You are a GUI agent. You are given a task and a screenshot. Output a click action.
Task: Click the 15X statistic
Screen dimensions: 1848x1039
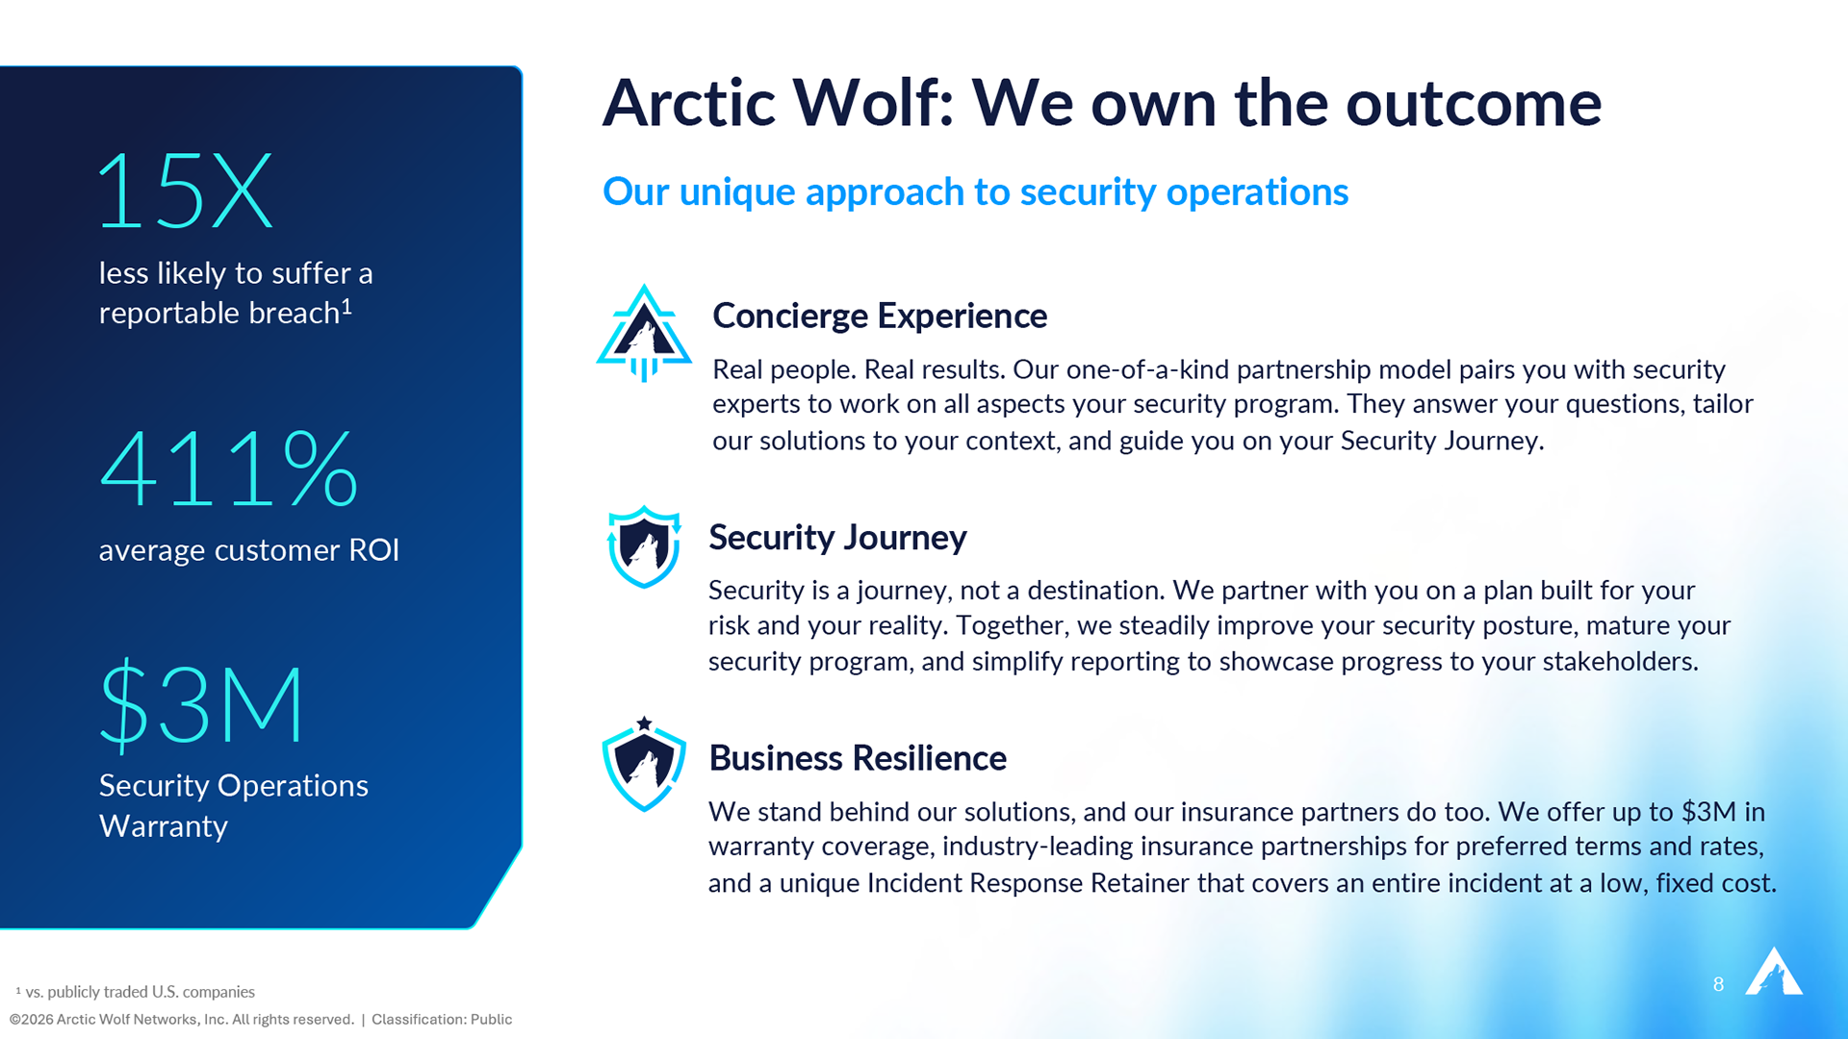[x=186, y=190]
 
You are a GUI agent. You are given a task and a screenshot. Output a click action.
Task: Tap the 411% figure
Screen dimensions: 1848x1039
[x=229, y=469]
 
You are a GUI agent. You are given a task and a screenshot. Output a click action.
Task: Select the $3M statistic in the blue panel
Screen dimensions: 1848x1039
[x=201, y=705]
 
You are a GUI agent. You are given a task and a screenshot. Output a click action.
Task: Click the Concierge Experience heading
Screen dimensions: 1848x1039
[x=880, y=316]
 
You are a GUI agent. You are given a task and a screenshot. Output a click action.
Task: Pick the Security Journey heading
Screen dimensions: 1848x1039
[x=837, y=537]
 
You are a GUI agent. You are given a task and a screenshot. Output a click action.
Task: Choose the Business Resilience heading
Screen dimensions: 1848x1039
[x=858, y=758]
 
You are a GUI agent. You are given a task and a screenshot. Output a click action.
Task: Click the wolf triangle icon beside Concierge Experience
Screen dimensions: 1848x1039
[x=644, y=333]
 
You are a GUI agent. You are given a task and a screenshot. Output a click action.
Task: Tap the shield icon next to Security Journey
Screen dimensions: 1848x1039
[x=644, y=546]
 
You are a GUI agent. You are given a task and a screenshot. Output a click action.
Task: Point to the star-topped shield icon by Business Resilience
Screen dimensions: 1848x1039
[x=644, y=764]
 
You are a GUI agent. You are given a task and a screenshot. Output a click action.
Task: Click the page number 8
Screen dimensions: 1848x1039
[x=1718, y=984]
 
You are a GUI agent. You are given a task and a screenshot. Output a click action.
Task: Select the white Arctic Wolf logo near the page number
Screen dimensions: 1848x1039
[x=1774, y=971]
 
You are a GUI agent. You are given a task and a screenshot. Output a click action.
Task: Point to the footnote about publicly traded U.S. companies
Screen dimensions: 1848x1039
[x=135, y=992]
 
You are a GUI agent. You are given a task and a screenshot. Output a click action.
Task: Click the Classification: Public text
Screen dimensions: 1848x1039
[x=442, y=1020]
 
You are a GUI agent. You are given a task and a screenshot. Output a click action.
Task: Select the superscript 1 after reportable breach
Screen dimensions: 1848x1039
[x=346, y=306]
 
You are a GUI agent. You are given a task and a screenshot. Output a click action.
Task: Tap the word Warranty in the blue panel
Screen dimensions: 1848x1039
[x=164, y=826]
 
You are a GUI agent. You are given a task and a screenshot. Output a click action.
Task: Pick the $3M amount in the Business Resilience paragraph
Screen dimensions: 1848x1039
[x=1708, y=812]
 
